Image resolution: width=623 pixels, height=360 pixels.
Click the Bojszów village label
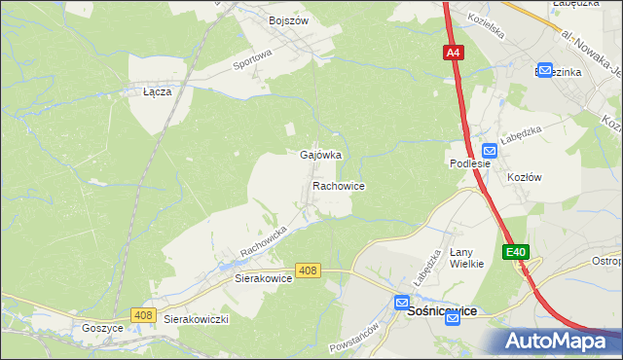tap(288, 19)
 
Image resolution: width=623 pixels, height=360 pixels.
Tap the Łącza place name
tap(158, 92)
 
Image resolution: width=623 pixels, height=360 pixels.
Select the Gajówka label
tap(320, 155)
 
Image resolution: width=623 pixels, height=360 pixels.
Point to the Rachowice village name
tap(338, 185)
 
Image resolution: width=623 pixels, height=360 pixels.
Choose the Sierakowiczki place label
tap(195, 319)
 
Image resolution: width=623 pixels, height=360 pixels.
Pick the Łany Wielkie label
tap(466, 258)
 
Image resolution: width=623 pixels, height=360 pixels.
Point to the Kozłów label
tap(524, 177)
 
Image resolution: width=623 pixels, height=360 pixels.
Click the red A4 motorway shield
tap(454, 54)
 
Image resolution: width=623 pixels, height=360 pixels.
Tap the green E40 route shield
tap(516, 252)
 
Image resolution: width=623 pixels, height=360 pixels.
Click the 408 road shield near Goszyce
tap(144, 314)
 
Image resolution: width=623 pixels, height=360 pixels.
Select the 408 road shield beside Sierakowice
tap(308, 270)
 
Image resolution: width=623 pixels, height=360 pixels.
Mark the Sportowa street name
tap(251, 61)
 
